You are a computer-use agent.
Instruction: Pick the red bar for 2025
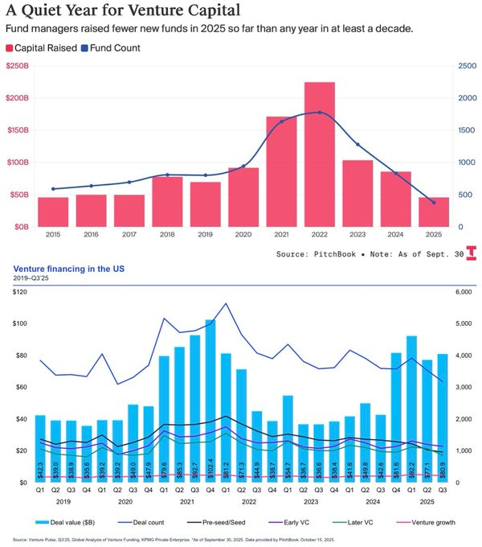tap(433, 212)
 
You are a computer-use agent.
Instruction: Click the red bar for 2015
tap(53, 212)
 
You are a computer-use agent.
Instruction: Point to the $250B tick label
tap(18, 66)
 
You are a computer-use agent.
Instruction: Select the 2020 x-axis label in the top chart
tap(243, 233)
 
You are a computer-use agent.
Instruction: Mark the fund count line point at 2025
tap(434, 203)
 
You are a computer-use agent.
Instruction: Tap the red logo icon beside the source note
tap(472, 253)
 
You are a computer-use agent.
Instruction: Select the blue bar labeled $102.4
tap(210, 401)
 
